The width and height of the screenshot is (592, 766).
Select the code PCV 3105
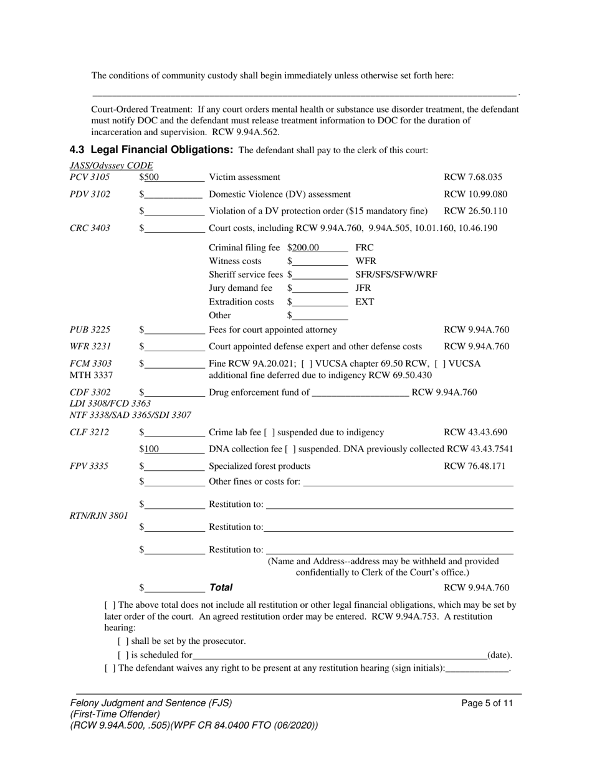[90, 177]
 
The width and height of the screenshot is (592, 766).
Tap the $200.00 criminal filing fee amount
[303, 248]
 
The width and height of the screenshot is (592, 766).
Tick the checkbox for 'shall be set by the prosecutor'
[123, 641]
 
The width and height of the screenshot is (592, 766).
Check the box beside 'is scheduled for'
[123, 655]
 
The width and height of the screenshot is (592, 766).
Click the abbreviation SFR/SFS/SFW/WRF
[396, 275]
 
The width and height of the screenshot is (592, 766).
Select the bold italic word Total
[221, 587]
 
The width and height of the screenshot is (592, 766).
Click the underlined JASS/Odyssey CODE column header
[112, 165]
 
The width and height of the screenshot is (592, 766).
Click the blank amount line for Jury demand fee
[320, 288]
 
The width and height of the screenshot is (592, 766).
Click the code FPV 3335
[90, 466]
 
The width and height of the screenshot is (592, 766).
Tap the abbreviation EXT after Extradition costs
[365, 302]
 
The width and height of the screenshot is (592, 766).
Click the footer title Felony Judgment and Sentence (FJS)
[151, 703]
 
